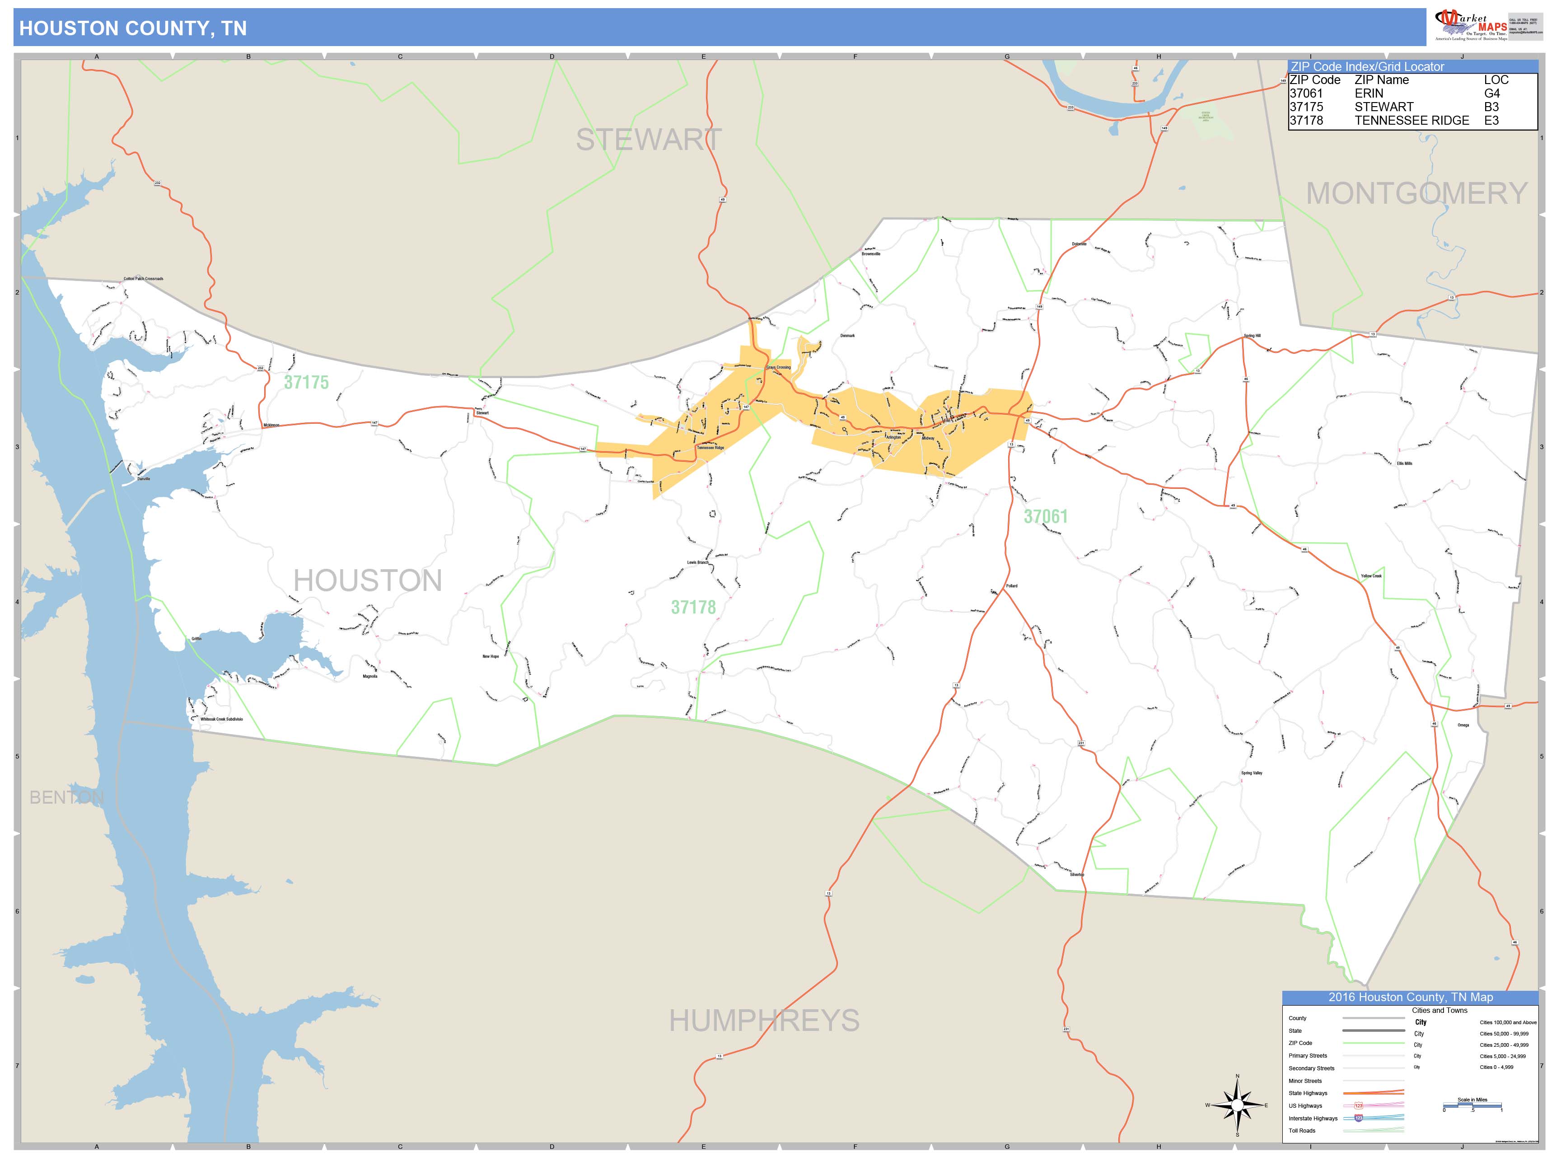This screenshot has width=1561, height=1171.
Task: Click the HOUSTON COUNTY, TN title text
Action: (x=133, y=28)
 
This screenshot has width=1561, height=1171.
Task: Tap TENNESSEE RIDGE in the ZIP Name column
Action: (x=1411, y=121)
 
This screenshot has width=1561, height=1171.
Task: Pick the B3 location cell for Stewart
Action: (x=1491, y=107)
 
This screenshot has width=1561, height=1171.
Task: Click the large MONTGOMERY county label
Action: (x=1416, y=193)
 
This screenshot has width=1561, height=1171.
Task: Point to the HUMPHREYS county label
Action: (x=764, y=1021)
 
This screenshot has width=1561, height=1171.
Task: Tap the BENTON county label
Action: (x=66, y=797)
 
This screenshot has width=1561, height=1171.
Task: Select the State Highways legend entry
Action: (x=1308, y=1093)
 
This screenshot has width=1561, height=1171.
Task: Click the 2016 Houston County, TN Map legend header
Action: (x=1410, y=998)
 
